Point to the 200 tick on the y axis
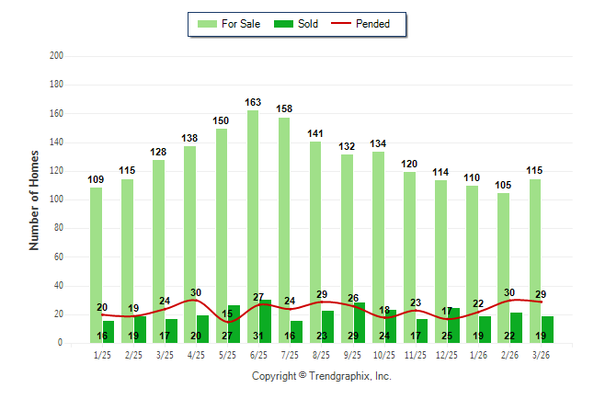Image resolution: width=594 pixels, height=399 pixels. point(56,56)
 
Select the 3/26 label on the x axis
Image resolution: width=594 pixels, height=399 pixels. point(541,354)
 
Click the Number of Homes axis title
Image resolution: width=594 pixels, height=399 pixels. point(35,200)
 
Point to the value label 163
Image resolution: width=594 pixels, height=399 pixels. point(254,102)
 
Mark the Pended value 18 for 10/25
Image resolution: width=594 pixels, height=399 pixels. point(384,311)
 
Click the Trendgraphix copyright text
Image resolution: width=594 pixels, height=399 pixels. point(322,376)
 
